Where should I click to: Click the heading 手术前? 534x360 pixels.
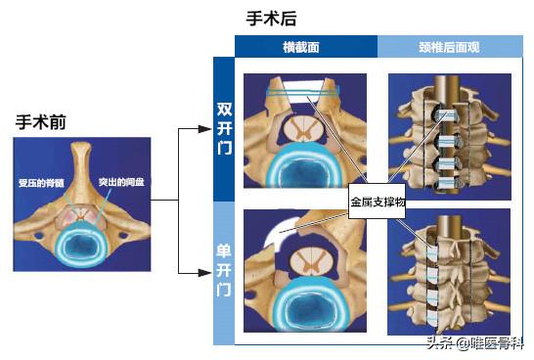click(x=41, y=123)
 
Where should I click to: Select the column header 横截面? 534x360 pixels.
click(x=305, y=46)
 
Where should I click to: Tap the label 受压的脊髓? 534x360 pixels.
click(x=40, y=182)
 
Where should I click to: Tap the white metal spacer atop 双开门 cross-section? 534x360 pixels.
click(x=304, y=94)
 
